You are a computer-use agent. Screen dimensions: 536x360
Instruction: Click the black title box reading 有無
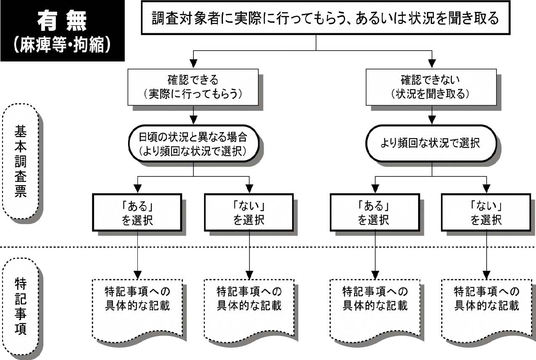pos(62,31)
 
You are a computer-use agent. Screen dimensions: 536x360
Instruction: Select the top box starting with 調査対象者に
pos(325,18)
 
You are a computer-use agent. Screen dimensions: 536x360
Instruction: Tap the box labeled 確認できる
pos(193,87)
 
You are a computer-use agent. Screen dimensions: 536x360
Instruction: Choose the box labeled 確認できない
pos(431,87)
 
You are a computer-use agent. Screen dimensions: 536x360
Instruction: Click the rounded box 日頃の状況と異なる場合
pos(194,144)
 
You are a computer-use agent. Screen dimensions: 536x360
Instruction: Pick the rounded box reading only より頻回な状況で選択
pos(431,144)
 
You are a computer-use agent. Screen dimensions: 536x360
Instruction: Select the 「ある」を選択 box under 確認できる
pos(137,213)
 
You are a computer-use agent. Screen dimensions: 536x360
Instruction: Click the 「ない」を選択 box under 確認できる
pos(249,213)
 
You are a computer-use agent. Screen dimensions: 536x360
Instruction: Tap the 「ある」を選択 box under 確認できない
pos(375,213)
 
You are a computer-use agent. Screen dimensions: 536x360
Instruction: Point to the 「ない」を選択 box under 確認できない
pos(486,213)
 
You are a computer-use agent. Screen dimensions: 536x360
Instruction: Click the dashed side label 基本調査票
pos(21,161)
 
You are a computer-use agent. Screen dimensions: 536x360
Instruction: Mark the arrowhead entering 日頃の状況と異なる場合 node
pos(193,120)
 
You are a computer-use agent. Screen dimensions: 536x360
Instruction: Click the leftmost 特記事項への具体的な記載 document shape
pos(138,311)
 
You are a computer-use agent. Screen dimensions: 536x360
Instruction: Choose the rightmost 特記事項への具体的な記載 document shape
pos(487,311)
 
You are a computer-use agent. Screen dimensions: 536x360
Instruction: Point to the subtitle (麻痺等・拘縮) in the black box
pos(62,45)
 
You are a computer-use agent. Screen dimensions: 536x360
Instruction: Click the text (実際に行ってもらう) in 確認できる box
pos(193,94)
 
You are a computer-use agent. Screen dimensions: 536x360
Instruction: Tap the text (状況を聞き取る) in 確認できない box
pos(430,94)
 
